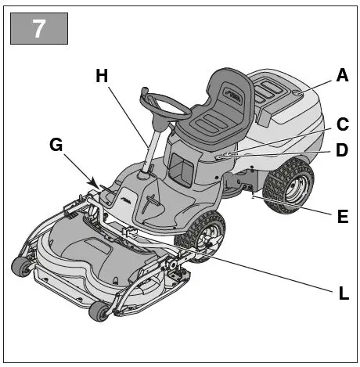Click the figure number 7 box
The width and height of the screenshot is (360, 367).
tap(38, 29)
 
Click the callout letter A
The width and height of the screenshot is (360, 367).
tap(341, 76)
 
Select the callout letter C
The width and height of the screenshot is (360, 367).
tap(341, 124)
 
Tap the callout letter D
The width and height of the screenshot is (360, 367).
tap(341, 149)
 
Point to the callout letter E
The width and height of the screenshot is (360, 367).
tap(341, 217)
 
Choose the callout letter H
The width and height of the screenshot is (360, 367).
tap(100, 76)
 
